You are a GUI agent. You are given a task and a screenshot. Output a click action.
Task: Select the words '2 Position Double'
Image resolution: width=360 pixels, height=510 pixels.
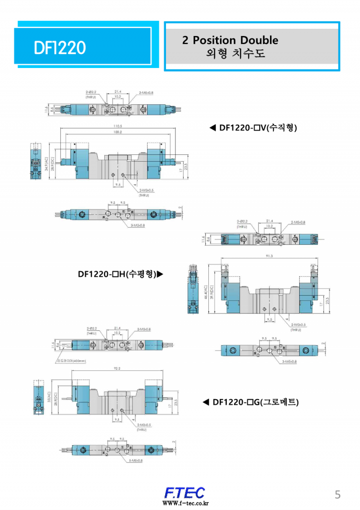tap(230, 40)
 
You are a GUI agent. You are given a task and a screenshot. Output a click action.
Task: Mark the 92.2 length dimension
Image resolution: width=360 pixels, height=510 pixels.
tap(117, 368)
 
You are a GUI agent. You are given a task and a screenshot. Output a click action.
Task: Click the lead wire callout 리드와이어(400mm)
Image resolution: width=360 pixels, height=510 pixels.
tap(71, 361)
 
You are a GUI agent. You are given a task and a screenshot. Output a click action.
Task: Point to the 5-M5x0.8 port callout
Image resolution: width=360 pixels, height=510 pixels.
tap(135, 460)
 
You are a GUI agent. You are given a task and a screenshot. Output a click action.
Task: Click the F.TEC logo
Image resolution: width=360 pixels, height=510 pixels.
tap(184, 492)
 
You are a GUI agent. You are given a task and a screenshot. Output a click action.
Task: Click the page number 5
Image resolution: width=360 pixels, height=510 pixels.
tap(337, 495)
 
